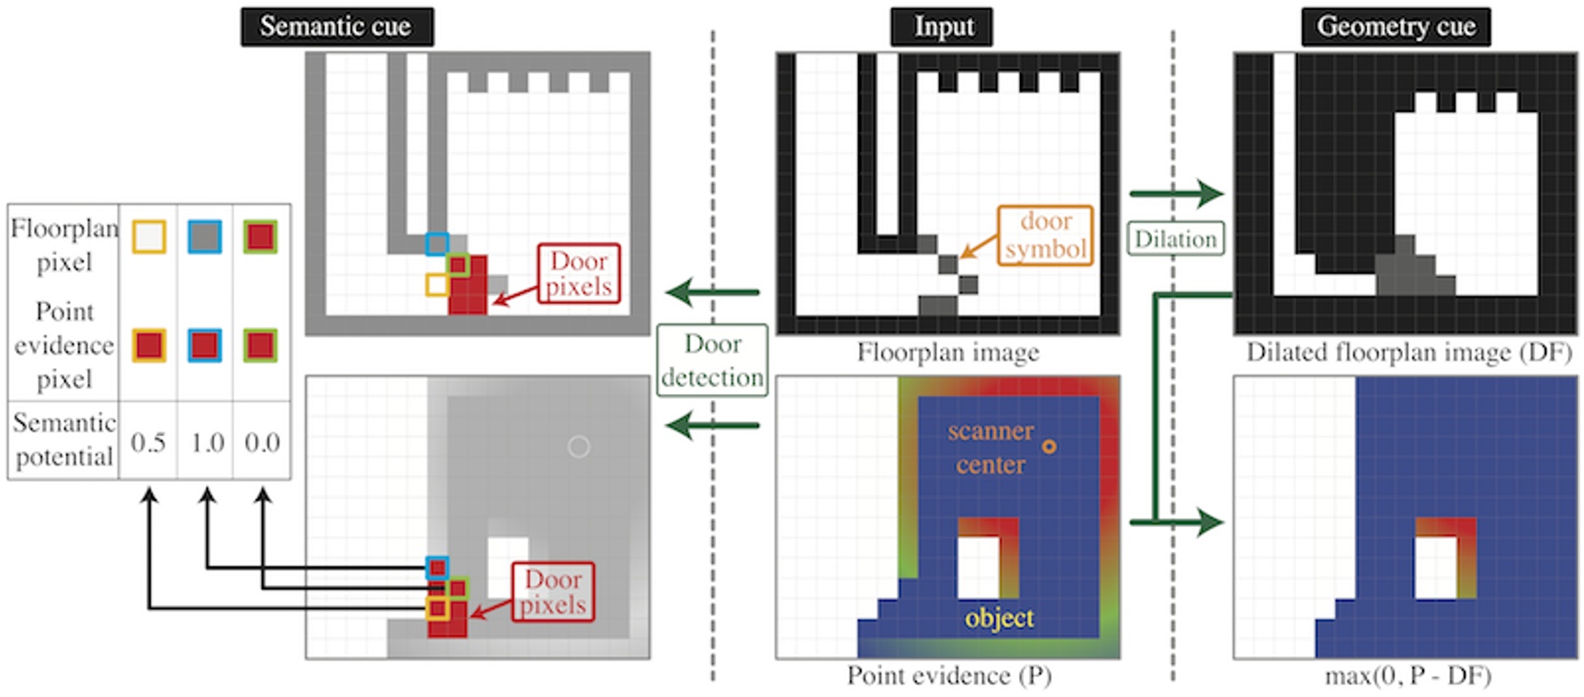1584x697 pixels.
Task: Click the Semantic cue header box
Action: [336, 27]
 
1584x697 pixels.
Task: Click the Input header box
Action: [943, 27]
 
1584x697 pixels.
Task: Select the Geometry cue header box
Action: [1395, 27]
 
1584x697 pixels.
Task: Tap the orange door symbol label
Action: [1046, 235]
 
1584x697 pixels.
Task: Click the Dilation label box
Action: [1175, 239]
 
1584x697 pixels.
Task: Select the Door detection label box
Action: [712, 360]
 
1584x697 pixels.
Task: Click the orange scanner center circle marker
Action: [1048, 446]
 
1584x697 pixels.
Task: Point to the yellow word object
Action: [999, 617]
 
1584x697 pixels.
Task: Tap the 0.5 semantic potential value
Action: [148, 443]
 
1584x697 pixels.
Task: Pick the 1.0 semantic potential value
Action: [207, 443]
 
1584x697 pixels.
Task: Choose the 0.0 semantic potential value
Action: [262, 443]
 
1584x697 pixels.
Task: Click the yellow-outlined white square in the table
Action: [148, 237]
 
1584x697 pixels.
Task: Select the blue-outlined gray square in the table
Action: [204, 237]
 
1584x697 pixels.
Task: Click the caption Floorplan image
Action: [947, 353]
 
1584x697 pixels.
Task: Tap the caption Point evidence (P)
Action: [948, 676]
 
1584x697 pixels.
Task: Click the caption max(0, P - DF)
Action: [1407, 676]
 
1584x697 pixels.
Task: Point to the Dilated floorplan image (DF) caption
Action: [1408, 353]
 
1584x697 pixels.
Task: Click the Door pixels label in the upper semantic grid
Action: [579, 274]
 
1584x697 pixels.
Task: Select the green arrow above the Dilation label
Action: [1176, 194]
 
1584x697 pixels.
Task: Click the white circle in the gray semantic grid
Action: [578, 446]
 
